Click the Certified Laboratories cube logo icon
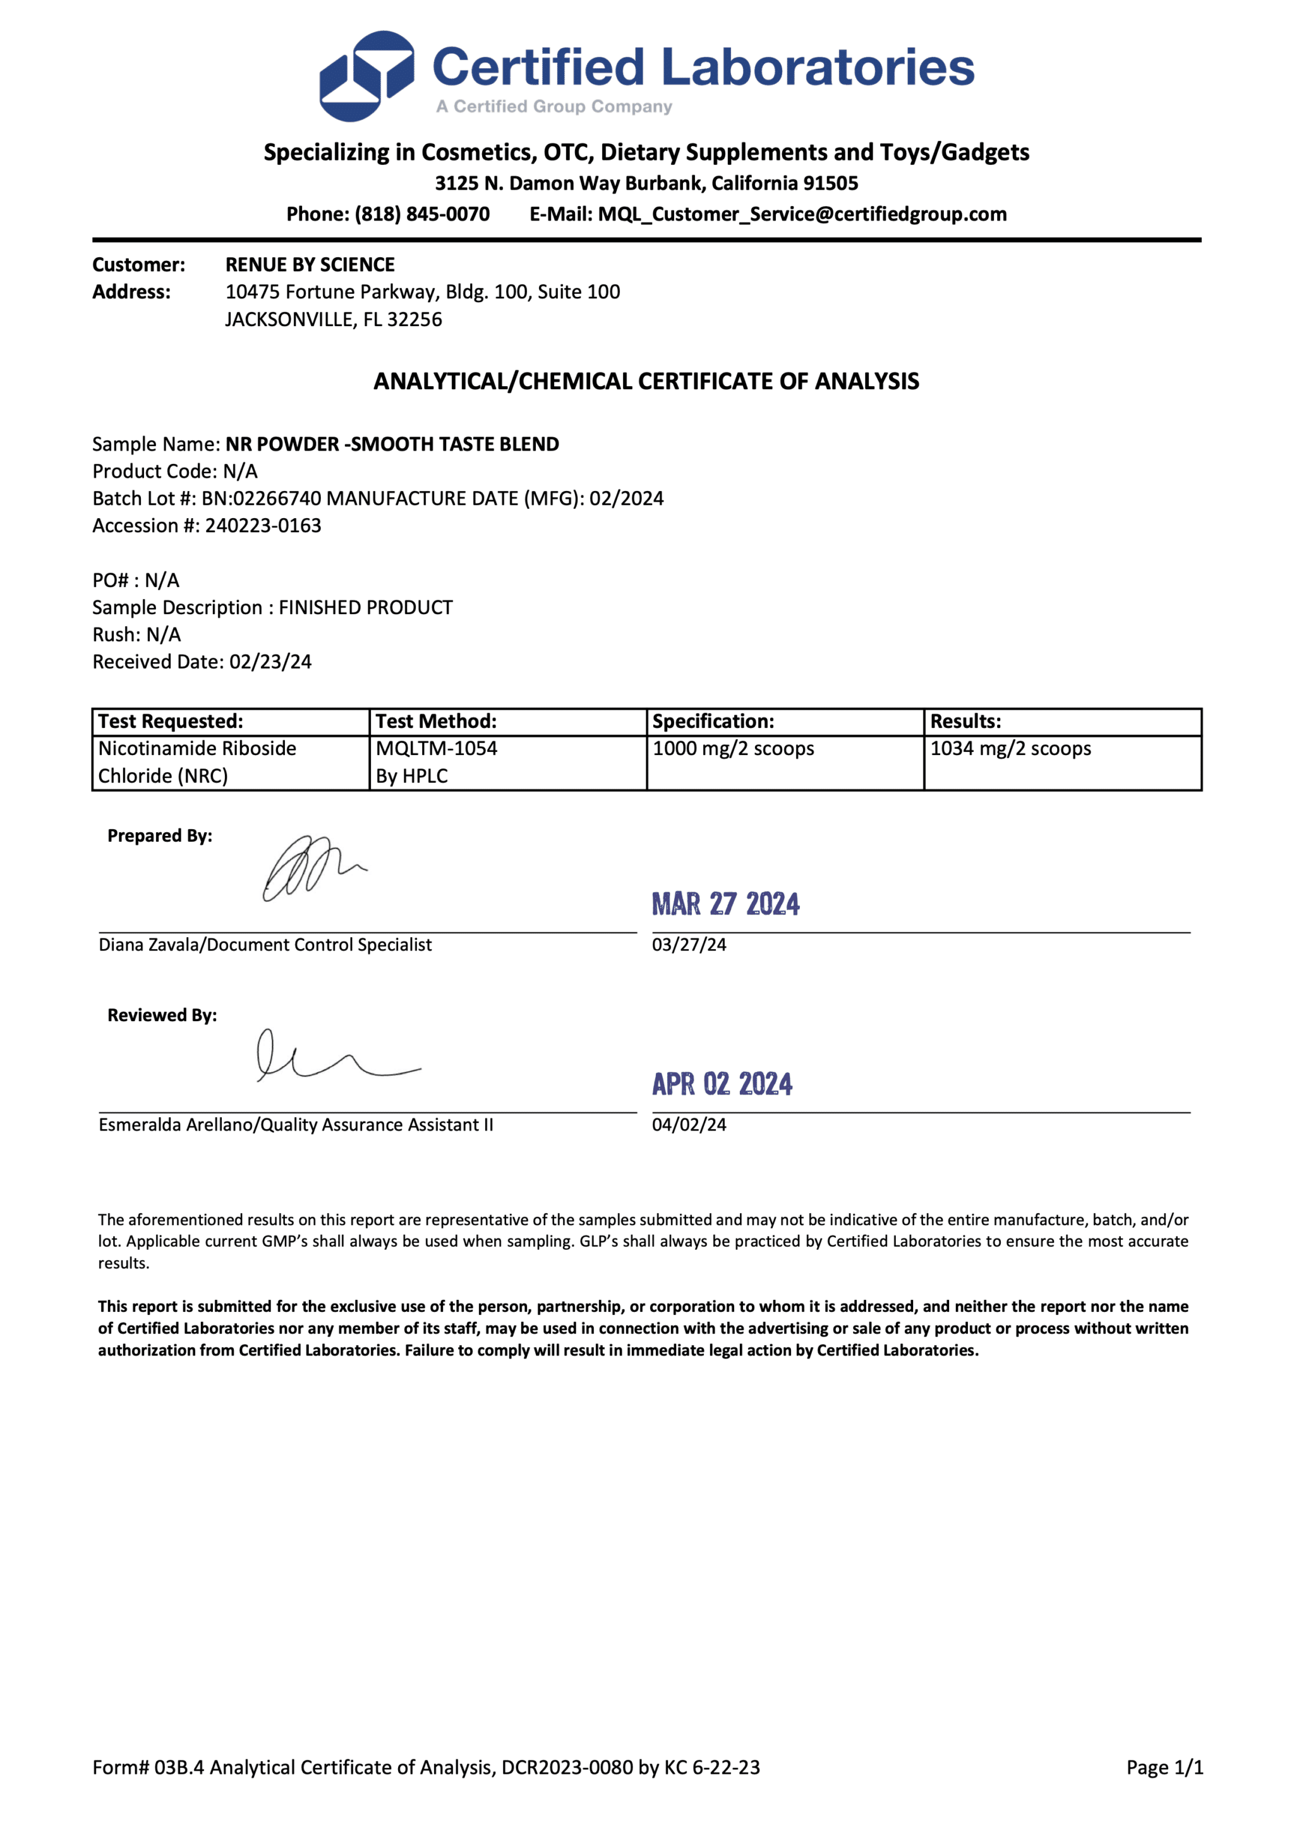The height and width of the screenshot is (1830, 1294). pyautogui.click(x=366, y=76)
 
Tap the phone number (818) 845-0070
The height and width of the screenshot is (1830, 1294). pyautogui.click(x=421, y=214)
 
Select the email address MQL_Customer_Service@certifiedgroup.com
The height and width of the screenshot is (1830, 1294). pyautogui.click(x=802, y=214)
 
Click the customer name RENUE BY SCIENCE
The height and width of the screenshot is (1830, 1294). pyautogui.click(x=310, y=265)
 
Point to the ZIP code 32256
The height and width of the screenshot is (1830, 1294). pyautogui.click(x=414, y=320)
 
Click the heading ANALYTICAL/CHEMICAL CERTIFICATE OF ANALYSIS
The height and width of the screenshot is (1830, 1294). pyautogui.click(x=646, y=381)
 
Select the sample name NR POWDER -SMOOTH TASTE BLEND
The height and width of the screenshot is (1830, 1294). pyautogui.click(x=392, y=444)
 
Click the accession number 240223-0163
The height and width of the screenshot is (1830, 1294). pyautogui.click(x=263, y=525)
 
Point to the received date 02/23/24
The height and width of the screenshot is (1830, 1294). pyautogui.click(x=270, y=662)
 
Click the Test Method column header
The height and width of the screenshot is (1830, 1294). pyautogui.click(x=436, y=721)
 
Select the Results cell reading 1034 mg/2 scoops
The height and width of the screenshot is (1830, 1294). pyautogui.click(x=1010, y=748)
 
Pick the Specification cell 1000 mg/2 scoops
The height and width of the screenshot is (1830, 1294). pyautogui.click(x=733, y=748)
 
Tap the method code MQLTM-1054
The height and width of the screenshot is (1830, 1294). pyautogui.click(x=436, y=748)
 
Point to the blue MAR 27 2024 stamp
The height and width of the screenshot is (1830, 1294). pyautogui.click(x=725, y=904)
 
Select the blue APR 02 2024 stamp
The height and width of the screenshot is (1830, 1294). pyautogui.click(x=722, y=1084)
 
